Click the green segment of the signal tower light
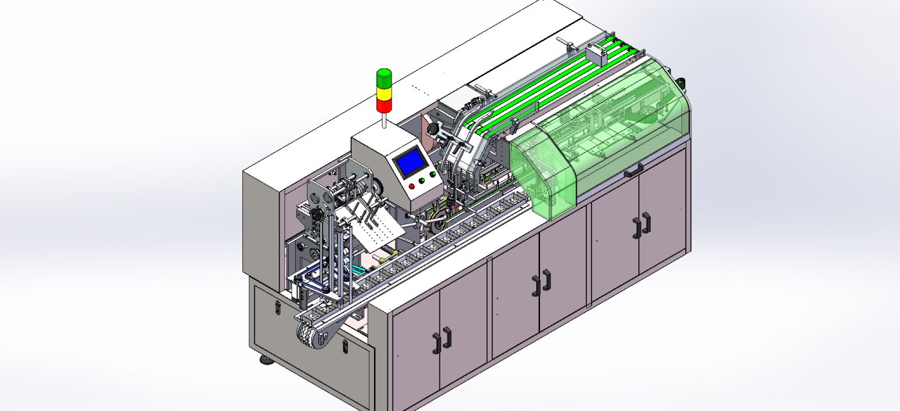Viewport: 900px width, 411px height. (383, 79)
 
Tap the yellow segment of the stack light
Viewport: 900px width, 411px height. (383, 93)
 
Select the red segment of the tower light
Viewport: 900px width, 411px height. (383, 105)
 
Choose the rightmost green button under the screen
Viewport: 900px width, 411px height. (432, 178)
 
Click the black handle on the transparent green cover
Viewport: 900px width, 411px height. (633, 170)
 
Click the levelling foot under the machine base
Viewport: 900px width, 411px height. (265, 359)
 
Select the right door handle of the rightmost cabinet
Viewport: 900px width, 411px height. (645, 221)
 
